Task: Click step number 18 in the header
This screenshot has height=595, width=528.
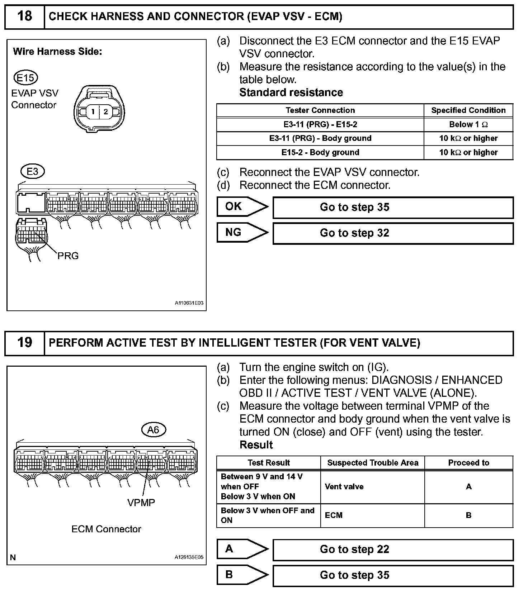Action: point(24,16)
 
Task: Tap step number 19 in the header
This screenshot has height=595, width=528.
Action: point(24,343)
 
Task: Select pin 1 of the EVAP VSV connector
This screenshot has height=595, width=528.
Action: point(93,111)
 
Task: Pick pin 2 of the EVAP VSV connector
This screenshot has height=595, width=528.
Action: point(105,111)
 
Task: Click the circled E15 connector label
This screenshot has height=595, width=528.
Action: point(25,78)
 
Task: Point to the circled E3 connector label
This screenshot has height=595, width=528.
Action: point(32,171)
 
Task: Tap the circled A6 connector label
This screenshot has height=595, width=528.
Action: point(154,429)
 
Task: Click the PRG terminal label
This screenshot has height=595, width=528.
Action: point(68,256)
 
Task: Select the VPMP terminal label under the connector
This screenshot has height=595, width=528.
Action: point(141,503)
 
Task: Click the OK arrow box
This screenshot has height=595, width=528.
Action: point(242,207)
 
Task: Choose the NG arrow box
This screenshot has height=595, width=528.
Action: point(242,233)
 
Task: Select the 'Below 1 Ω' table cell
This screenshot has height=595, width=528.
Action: point(468,125)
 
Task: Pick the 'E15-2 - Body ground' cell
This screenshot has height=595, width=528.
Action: point(320,152)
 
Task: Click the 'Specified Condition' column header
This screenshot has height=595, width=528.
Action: point(468,110)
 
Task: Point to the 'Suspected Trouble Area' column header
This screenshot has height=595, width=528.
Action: point(372,463)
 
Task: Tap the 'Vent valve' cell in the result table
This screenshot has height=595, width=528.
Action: point(344,487)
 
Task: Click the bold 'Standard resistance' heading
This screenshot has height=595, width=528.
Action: point(291,92)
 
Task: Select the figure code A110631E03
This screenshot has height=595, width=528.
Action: point(189,303)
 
